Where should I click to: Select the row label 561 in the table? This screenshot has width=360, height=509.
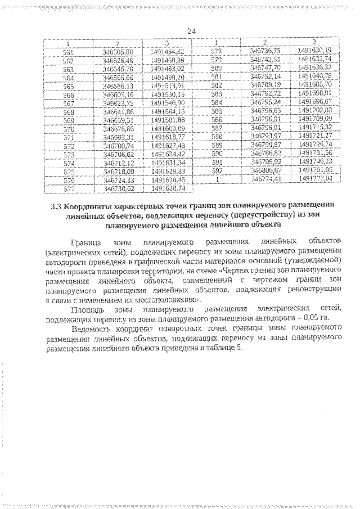(69, 51)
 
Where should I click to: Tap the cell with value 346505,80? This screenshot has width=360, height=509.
(118, 51)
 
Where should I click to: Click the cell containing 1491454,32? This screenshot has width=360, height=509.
(168, 51)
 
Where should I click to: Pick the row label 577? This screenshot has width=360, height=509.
(69, 189)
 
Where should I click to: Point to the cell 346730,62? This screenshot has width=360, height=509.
(118, 189)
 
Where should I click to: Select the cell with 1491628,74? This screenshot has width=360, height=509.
(168, 189)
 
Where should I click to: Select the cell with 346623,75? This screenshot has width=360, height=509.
(118, 103)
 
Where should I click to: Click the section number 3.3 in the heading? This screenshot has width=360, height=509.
(55, 206)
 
